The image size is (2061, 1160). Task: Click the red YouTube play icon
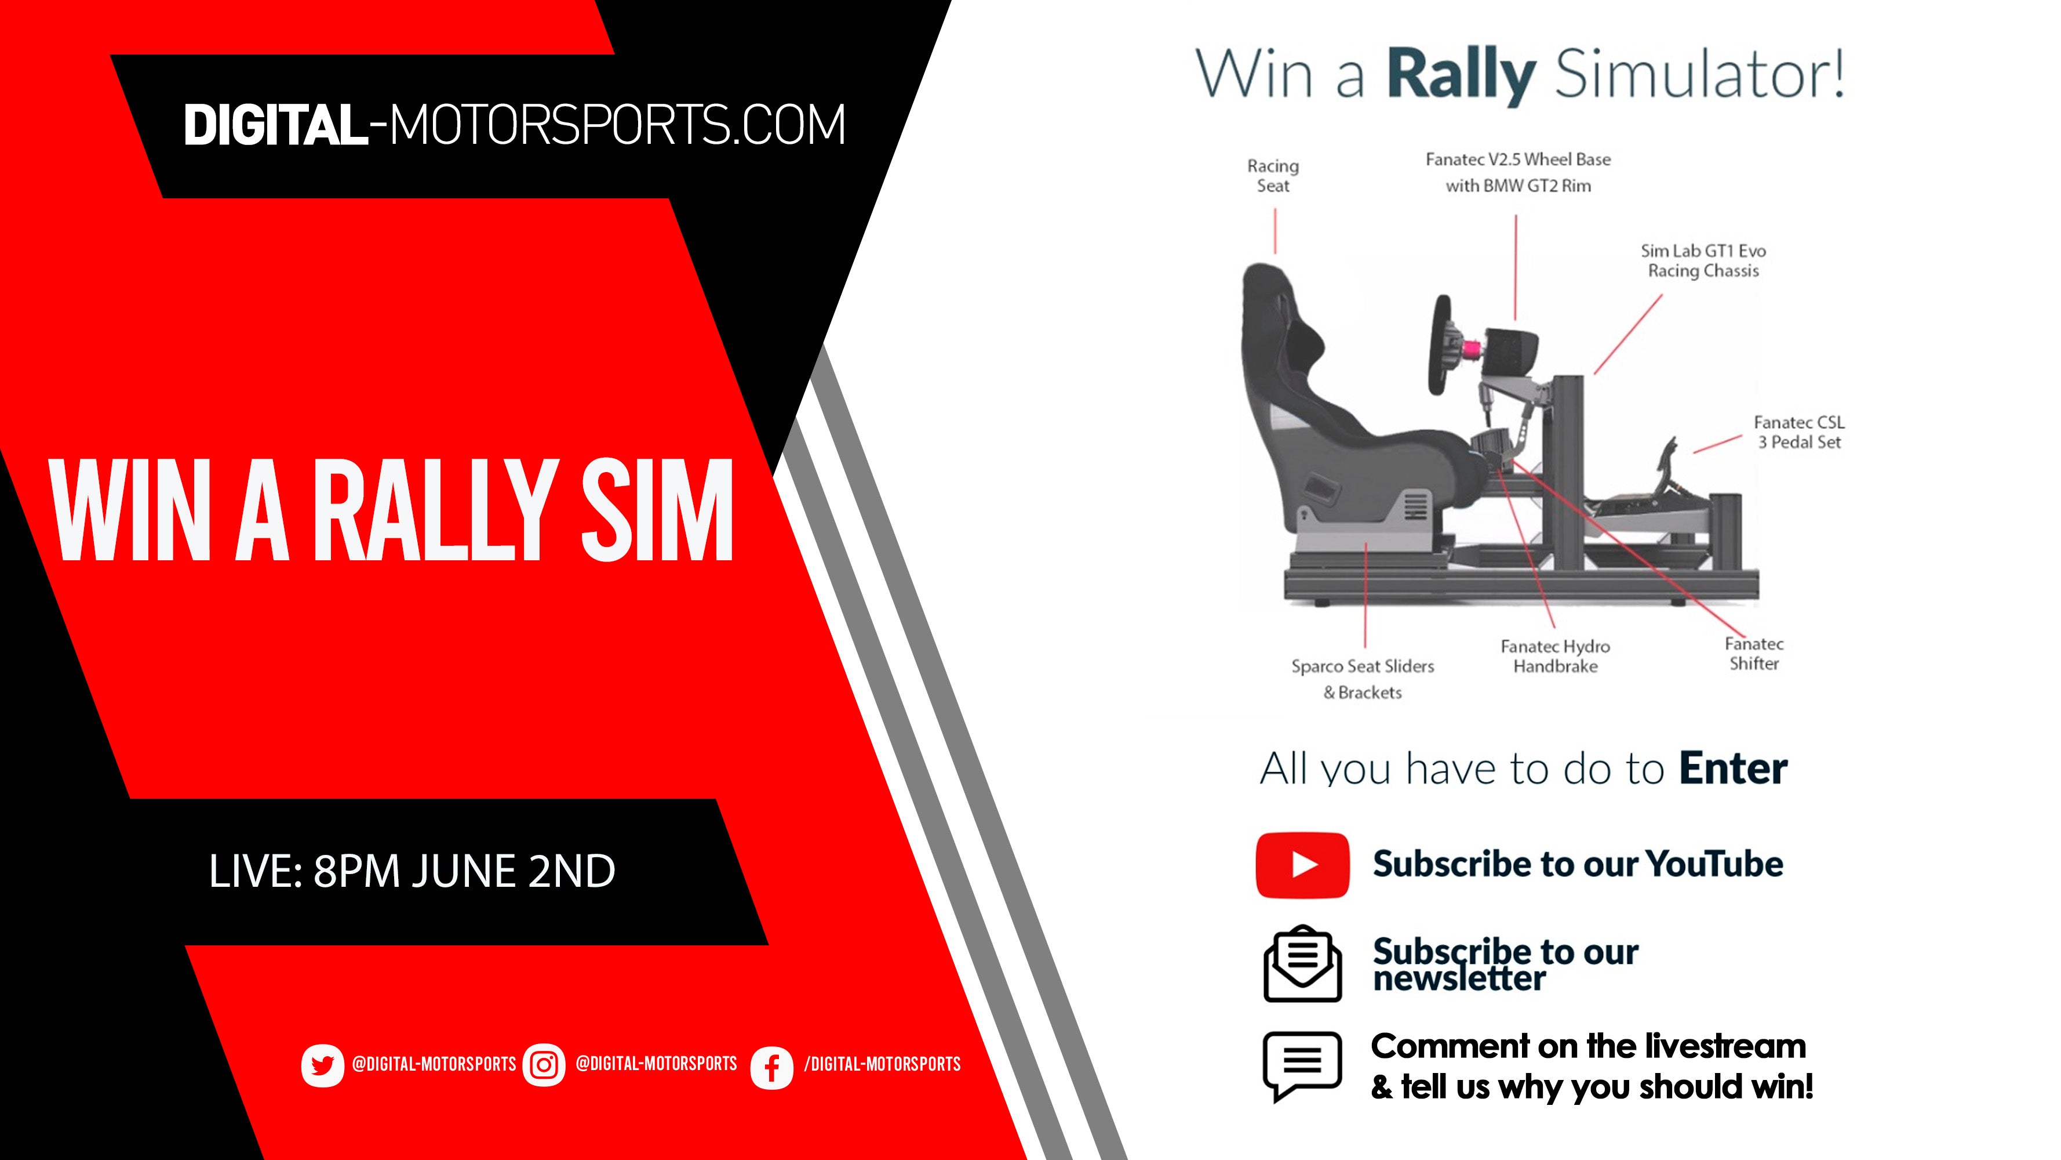click(x=1302, y=865)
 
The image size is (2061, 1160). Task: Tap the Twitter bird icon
click(x=322, y=1065)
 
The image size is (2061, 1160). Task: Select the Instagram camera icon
click(x=544, y=1065)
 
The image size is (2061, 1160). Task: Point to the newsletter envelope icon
click(x=1302, y=964)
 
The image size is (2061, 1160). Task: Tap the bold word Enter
click(x=1733, y=768)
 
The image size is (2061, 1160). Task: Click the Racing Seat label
click(x=1273, y=175)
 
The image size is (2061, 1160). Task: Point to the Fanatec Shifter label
click(x=1754, y=653)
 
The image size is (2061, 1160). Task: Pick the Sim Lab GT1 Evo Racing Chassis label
click(x=1703, y=261)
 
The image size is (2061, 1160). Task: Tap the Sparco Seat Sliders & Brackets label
click(x=1363, y=679)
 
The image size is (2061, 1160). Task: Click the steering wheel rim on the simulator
click(x=1440, y=345)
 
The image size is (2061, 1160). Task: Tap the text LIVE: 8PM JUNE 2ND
click(x=412, y=871)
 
